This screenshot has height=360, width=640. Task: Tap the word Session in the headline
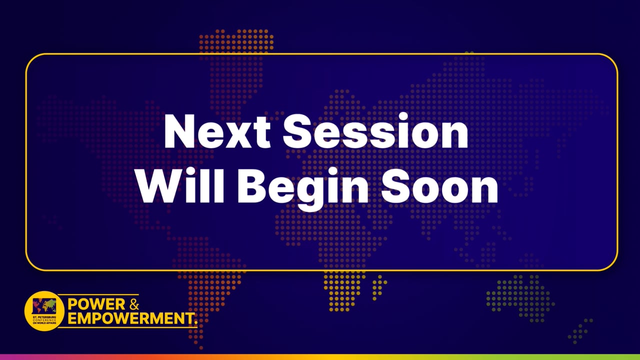coord(375,132)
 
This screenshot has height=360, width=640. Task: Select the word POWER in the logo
coord(93,304)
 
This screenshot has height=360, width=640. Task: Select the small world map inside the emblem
coord(44,305)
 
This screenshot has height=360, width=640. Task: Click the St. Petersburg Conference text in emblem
coord(44,320)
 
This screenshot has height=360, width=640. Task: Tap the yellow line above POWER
coord(100,294)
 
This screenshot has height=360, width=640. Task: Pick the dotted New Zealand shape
coord(582,330)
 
